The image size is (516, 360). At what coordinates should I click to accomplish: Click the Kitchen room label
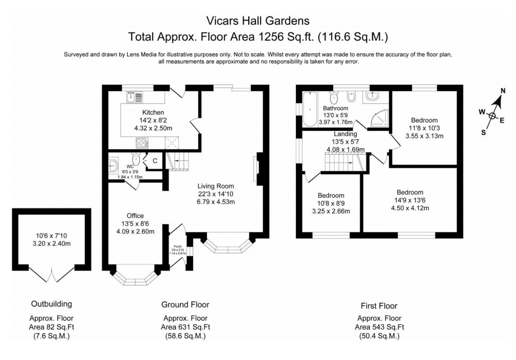click(x=153, y=112)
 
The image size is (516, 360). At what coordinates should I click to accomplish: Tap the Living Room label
click(x=216, y=186)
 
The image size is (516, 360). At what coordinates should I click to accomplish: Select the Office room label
click(x=135, y=215)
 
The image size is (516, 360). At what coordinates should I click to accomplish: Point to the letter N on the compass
click(x=502, y=91)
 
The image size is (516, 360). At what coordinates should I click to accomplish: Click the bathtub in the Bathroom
click(x=310, y=109)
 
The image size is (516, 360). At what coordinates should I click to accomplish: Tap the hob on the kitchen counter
click(x=142, y=143)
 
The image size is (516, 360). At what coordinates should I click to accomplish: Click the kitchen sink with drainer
click(x=134, y=97)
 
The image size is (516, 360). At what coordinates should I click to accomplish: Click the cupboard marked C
click(x=155, y=161)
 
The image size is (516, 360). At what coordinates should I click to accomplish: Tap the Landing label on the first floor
click(x=345, y=134)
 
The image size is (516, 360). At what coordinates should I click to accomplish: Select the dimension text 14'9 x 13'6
click(x=410, y=200)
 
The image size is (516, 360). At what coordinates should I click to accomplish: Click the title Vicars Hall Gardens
click(x=258, y=21)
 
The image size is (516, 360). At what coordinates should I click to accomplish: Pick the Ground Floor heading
click(x=185, y=305)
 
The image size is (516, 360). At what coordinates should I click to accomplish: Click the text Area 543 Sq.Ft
click(x=379, y=327)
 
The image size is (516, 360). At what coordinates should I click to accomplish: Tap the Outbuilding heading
click(x=51, y=304)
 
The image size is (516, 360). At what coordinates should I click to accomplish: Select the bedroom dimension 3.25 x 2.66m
click(x=331, y=212)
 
